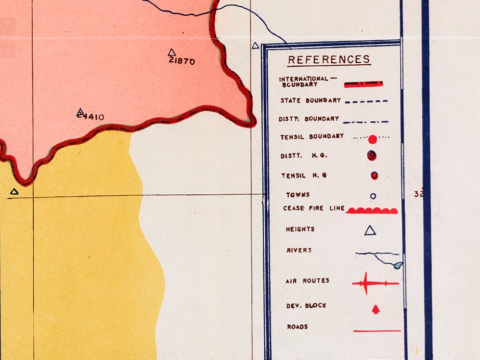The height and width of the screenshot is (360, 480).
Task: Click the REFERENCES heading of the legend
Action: tap(329, 60)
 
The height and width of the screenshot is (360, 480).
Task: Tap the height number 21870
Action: tap(182, 62)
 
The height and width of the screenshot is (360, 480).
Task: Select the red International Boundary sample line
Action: tap(363, 84)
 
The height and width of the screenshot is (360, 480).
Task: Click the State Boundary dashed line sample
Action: tap(366, 101)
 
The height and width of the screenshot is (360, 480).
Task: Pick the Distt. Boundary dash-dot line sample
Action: tap(365, 122)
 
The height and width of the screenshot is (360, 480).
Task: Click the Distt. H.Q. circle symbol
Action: tap(372, 156)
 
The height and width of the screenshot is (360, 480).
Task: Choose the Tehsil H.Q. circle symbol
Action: tap(374, 175)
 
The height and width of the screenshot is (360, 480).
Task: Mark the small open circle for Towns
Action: tap(373, 196)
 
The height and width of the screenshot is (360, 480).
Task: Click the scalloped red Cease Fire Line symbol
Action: tap(372, 210)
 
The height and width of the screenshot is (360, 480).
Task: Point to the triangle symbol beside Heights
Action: tap(370, 230)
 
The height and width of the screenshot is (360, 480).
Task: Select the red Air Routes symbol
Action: tap(374, 282)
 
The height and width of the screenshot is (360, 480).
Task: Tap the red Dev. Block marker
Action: tap(376, 309)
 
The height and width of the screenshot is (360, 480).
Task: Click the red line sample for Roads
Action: tap(377, 331)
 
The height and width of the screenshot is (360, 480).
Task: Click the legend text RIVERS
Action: tap(299, 250)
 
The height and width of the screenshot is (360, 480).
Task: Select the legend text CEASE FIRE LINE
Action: tap(314, 209)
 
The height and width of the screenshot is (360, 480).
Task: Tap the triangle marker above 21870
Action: tap(171, 52)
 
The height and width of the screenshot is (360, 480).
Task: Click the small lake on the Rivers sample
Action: tap(398, 265)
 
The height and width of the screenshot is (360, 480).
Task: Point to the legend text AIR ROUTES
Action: tap(308, 281)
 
